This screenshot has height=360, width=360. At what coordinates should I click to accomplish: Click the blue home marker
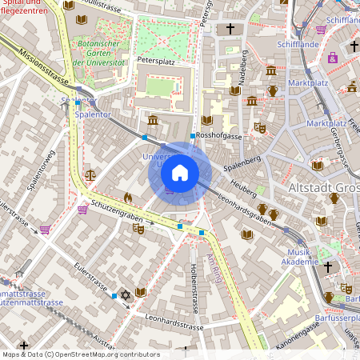[180, 173]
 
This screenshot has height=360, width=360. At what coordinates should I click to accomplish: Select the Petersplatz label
[155, 59]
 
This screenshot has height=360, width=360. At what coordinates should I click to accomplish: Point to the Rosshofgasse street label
[220, 136]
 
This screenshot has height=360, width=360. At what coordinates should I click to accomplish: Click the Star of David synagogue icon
[124, 295]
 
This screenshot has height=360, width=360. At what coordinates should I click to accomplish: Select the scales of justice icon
[90, 174]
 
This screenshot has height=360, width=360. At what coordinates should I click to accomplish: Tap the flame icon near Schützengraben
[128, 197]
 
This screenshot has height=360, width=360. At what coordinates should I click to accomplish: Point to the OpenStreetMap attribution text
[80, 354]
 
